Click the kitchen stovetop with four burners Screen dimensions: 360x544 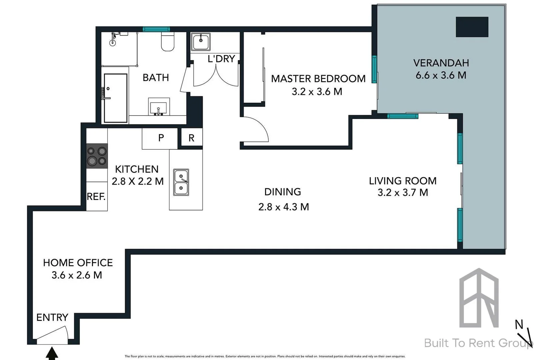[97, 156]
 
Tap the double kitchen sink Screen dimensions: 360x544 [181, 182]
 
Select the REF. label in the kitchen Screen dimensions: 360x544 [96, 197]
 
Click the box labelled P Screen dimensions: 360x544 [161, 138]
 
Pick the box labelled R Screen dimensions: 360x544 [191, 138]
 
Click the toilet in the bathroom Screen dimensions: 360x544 [168, 42]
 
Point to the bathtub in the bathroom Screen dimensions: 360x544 [115, 98]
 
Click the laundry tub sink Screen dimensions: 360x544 [200, 42]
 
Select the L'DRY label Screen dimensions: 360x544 [221, 59]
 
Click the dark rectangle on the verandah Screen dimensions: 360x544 [472, 27]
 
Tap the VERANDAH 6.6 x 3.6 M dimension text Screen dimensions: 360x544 [441, 75]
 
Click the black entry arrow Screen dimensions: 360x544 [51, 353]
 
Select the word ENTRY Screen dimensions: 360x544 [52, 317]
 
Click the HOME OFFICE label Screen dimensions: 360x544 [78, 263]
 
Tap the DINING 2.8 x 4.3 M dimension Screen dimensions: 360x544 [283, 207]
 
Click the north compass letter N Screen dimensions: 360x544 [519, 324]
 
